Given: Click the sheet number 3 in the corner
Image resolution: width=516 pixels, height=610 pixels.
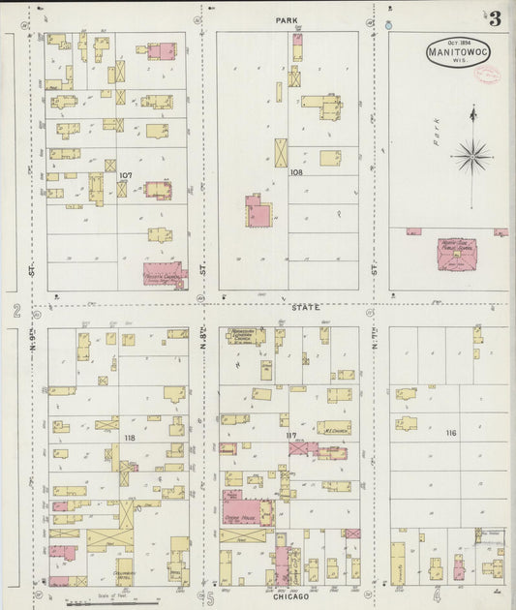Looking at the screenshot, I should click(x=494, y=18).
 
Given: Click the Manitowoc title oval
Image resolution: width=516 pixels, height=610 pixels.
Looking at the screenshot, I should click(x=452, y=51).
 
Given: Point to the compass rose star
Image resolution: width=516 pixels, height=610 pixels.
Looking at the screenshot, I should click(x=472, y=152).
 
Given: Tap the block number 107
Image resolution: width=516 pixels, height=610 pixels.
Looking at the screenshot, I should click(x=125, y=176).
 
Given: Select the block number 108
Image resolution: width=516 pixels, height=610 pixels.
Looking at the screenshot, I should click(x=296, y=171).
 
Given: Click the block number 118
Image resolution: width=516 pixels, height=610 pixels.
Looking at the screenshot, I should click(x=129, y=439).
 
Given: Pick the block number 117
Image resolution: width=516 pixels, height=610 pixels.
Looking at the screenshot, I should click(x=291, y=435).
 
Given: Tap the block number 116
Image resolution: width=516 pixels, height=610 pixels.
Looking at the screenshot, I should click(x=450, y=433).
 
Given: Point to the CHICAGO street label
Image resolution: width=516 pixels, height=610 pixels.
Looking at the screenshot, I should click(x=290, y=596).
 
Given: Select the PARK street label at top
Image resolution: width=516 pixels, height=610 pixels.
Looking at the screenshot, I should click(x=286, y=18).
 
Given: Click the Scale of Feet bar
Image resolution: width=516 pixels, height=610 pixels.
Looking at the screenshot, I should click(x=97, y=602).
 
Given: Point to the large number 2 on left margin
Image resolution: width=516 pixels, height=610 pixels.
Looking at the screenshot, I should click(x=16, y=310).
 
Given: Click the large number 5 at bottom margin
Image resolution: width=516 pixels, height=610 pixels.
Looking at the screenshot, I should click(x=209, y=595).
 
